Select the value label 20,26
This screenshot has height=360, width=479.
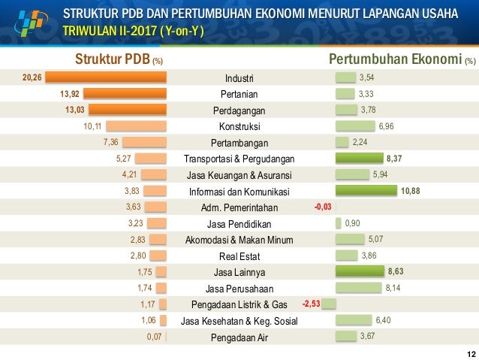32,77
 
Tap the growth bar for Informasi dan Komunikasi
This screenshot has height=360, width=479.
366,191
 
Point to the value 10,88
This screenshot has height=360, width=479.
411,191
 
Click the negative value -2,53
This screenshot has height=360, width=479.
311,304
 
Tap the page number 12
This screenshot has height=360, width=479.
470,354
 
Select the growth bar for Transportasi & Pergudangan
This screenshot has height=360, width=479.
359,159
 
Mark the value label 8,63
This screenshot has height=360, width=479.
396,271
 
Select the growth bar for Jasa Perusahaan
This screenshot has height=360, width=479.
358,288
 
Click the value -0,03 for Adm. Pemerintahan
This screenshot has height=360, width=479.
322,207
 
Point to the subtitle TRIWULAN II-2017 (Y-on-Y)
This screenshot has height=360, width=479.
134,32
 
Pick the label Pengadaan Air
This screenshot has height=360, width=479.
239,337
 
